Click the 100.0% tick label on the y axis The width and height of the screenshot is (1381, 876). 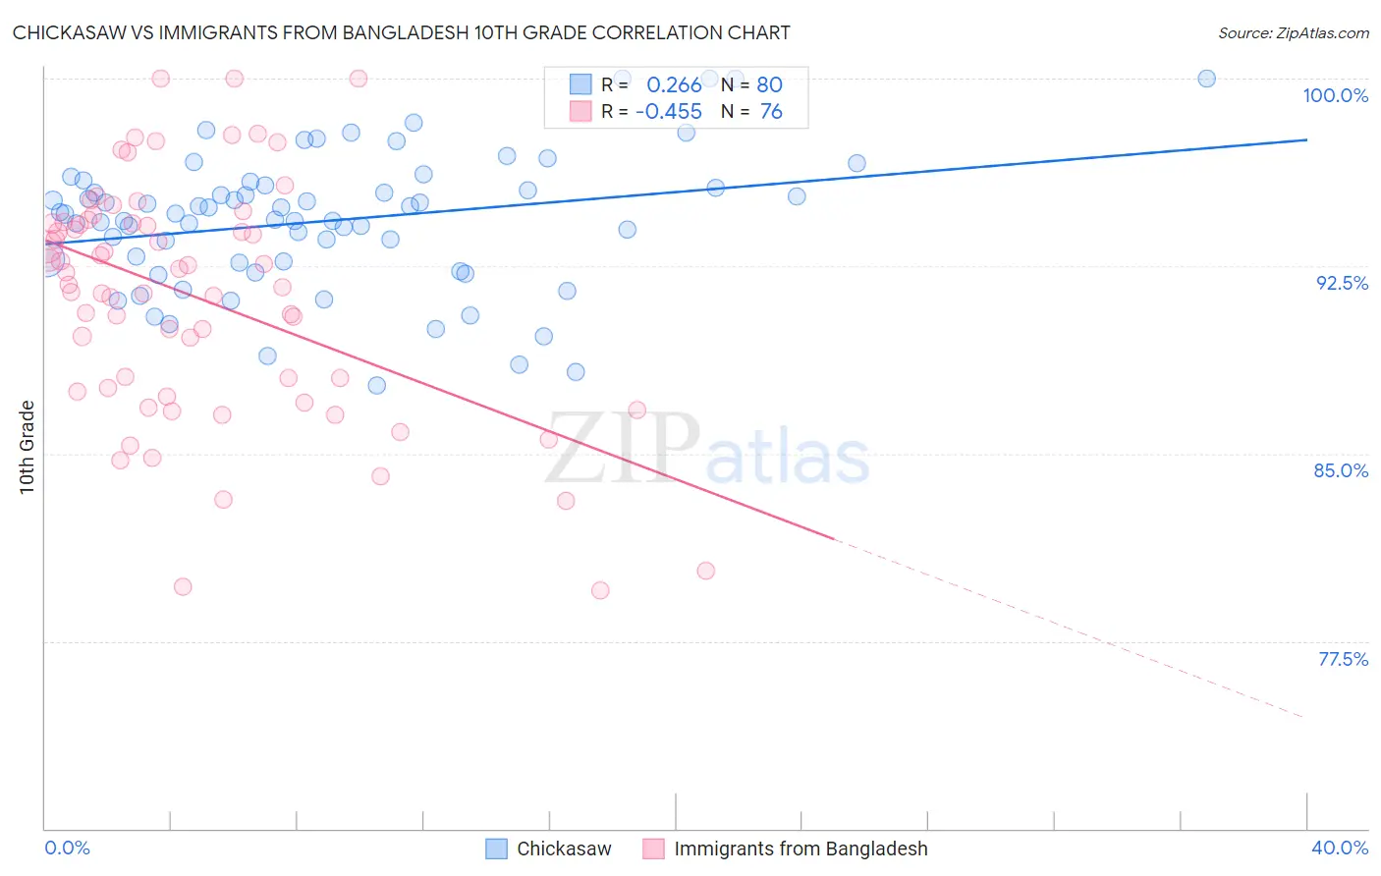1335,95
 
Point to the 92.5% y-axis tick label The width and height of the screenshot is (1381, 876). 1342,283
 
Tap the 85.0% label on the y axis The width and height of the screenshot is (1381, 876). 1341,470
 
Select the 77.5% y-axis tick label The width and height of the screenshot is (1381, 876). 1343,659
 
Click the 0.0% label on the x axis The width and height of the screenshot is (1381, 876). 67,848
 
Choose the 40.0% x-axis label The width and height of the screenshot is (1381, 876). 1340,848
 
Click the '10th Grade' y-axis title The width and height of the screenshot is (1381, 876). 27,447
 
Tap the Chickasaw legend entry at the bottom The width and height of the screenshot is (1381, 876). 564,849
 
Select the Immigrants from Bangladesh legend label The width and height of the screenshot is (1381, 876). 801,849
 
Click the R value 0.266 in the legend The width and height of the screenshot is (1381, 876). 674,85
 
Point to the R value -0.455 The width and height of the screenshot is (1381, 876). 669,112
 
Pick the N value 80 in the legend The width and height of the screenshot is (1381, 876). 769,85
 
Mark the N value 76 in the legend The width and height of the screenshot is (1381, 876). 771,112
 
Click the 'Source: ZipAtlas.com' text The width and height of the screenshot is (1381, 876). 1293,33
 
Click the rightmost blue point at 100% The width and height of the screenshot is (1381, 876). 1206,79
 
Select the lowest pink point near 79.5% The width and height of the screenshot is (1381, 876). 600,590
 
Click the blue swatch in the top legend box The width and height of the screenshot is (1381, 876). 580,85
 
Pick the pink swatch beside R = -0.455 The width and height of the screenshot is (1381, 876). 580,112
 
